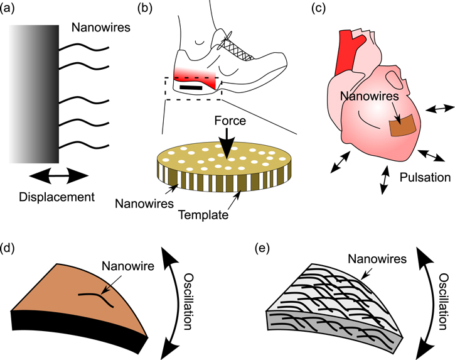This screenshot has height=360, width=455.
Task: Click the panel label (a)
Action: pos(11,8)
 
